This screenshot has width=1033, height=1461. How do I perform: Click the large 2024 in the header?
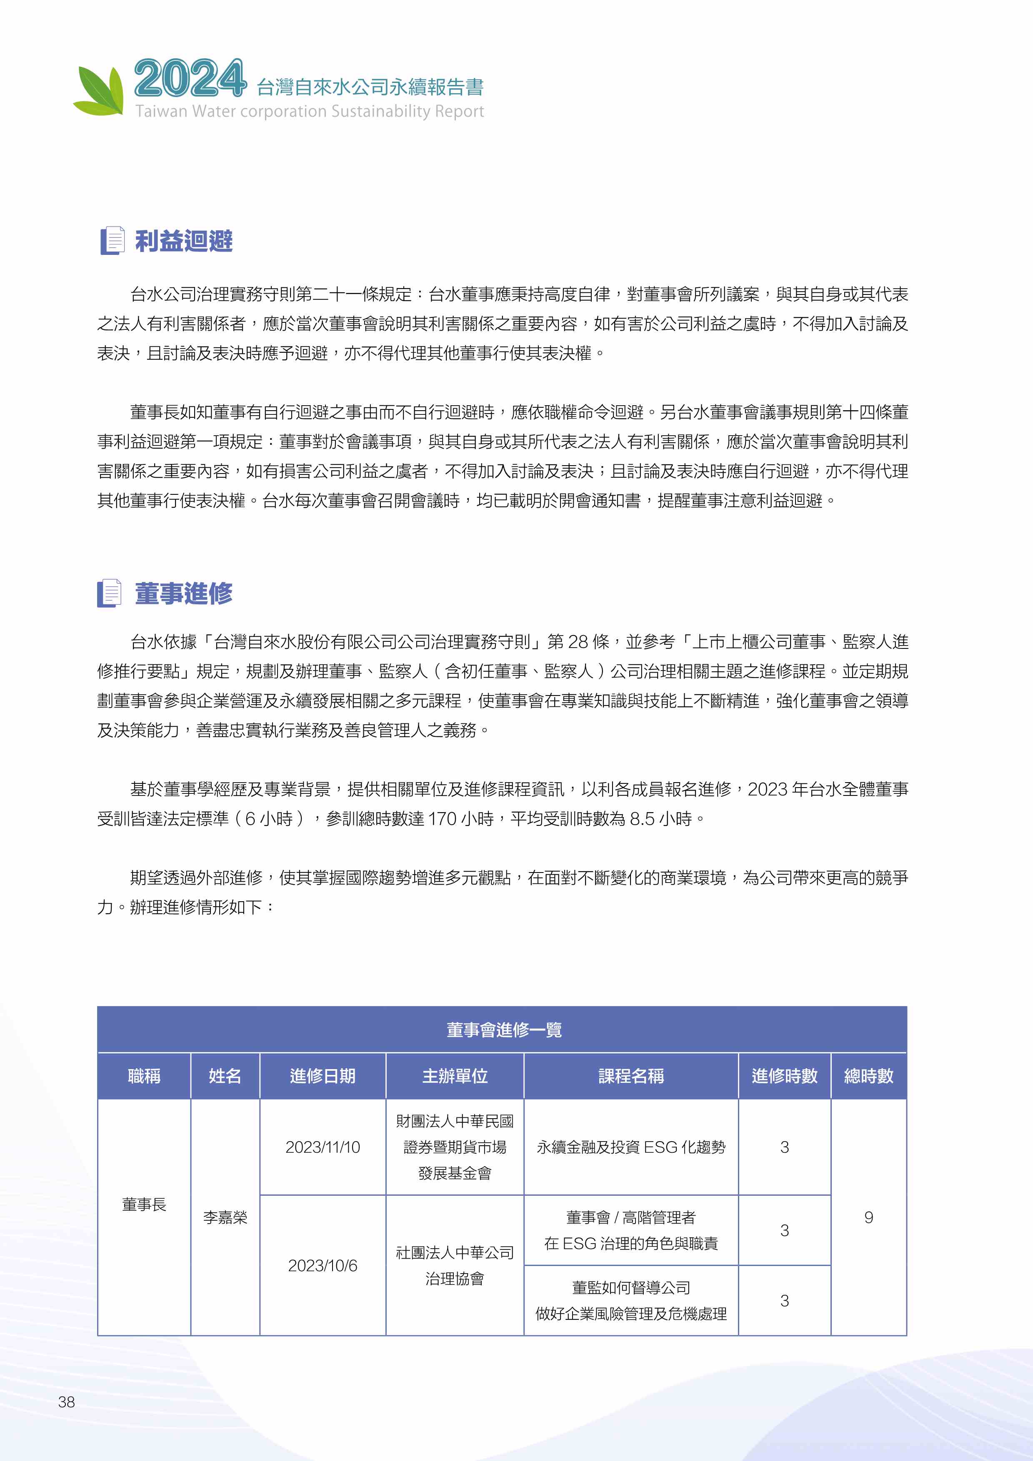pos(190,79)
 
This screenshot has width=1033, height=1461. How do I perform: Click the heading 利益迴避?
pos(184,241)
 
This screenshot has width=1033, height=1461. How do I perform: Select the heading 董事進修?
pos(184,593)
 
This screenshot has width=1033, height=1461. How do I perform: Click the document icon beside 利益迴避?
pos(113,241)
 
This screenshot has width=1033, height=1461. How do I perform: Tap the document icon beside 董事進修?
pos(110,593)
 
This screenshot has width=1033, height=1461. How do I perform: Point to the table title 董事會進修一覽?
pos(503,1030)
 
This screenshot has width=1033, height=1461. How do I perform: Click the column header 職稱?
pos(144,1076)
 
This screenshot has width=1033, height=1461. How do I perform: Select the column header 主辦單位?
pos(455,1076)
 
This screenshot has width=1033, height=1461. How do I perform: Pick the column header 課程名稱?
pos(631,1076)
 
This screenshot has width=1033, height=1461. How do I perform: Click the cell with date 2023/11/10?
pos(323,1147)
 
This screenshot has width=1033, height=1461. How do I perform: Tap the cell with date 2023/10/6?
pos(323,1265)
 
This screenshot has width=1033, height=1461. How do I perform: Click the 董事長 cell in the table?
pos(144,1204)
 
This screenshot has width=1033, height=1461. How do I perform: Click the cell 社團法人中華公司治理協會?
pos(455,1265)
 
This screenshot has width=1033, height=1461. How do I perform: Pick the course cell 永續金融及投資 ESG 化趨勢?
pos(631,1147)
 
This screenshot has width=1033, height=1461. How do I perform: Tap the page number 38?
pos(66,1402)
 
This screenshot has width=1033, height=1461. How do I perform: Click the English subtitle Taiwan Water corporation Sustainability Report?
pos(309,111)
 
